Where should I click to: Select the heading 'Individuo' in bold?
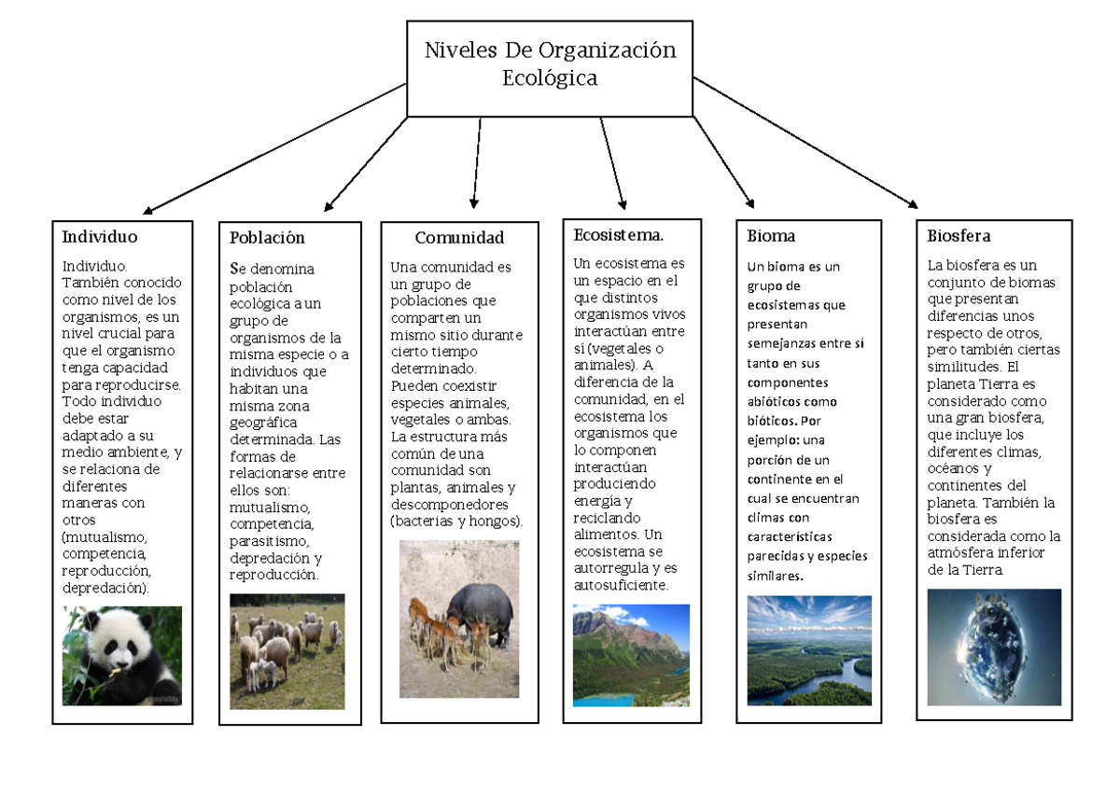100,237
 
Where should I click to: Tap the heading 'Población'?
267,238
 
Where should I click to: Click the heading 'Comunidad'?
459,238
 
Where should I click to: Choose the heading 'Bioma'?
771,237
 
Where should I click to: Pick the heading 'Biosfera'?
959,236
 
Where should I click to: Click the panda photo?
122,656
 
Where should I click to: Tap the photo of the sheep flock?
287,651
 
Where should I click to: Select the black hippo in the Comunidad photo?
481,611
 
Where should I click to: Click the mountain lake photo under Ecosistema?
631,655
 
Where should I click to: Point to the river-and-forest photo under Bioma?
809,651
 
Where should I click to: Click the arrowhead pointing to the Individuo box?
147,211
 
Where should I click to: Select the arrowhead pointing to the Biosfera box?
913,204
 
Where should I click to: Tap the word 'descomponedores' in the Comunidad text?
444,505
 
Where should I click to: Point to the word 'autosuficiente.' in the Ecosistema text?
621,586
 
